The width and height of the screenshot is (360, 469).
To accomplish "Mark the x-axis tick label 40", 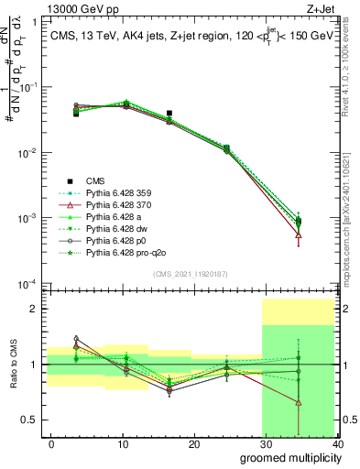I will (x=337, y=444).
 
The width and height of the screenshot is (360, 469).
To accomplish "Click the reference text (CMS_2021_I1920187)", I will (x=191, y=274).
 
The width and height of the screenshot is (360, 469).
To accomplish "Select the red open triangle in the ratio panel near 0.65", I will (x=299, y=402).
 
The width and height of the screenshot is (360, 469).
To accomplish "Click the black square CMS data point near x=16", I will (x=169, y=114).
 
